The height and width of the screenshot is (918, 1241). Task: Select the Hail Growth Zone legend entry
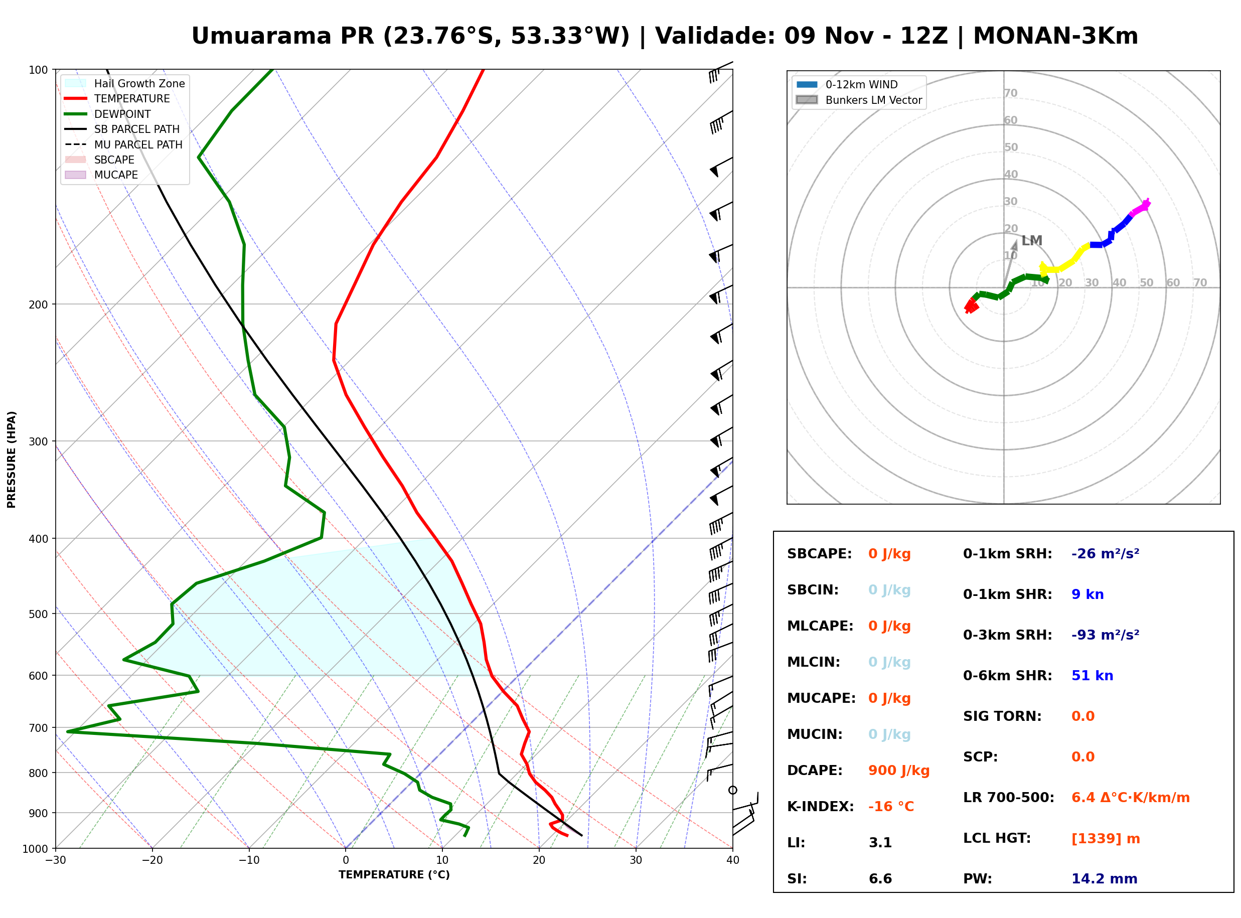point(125,83)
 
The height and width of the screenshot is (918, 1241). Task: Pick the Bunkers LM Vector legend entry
point(859,100)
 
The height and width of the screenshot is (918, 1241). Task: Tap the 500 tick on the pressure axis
point(38,614)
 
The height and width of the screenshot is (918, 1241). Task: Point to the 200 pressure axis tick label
point(38,304)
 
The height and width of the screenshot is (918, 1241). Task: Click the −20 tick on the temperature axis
point(152,860)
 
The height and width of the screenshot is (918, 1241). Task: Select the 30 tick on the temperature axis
point(636,860)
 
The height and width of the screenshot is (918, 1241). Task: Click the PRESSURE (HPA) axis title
point(11,460)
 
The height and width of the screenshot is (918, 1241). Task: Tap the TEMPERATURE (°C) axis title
point(394,875)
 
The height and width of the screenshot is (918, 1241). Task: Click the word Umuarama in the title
point(262,36)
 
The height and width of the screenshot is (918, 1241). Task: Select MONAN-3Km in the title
point(1055,36)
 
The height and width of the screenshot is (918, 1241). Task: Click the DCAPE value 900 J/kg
point(899,771)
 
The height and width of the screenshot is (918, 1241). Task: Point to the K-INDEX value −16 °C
point(891,807)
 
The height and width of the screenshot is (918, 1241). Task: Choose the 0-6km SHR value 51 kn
point(1092,676)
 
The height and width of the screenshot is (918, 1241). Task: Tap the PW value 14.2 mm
point(1105,879)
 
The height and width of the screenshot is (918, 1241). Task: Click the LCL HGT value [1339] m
point(1106,839)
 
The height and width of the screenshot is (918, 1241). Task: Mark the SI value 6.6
point(880,879)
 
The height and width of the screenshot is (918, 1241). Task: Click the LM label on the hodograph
point(1031,241)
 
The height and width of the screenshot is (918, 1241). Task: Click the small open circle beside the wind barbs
point(733,790)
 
